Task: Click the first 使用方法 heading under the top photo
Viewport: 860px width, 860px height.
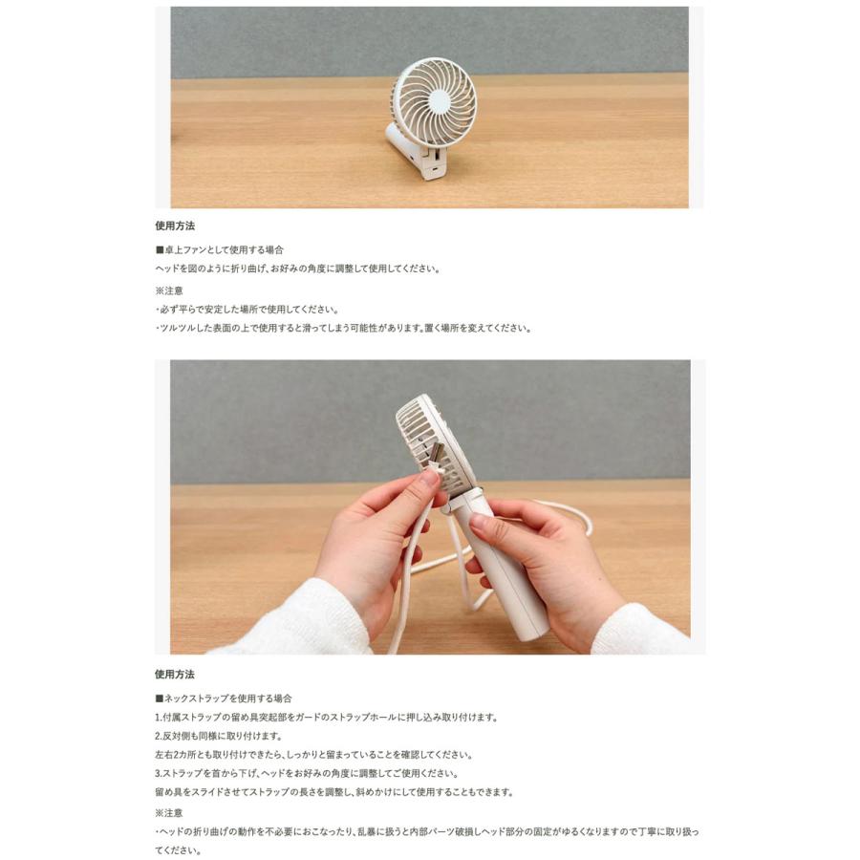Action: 175,226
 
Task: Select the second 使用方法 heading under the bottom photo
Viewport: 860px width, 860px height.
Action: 175,674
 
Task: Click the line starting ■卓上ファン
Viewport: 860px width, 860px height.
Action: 219,249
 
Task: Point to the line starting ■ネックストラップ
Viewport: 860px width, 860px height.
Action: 224,699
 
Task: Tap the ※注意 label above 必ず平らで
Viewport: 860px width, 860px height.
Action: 169,290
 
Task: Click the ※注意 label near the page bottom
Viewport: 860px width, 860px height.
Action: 169,812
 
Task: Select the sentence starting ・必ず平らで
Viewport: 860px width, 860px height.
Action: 247,310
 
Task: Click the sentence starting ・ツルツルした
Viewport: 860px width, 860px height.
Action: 342,328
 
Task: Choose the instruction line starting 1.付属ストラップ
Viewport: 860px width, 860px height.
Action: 326,717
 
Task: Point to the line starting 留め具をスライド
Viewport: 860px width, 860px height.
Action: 333,792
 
